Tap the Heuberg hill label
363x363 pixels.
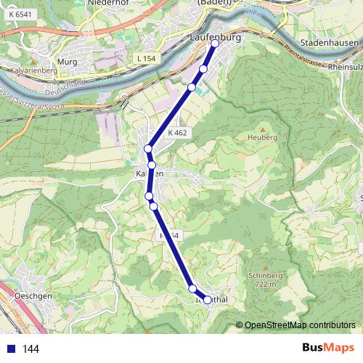pyautogui.click(x=262, y=137)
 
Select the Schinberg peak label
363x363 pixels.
pyautogui.click(x=264, y=277)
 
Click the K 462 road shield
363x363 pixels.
pyautogui.click(x=177, y=134)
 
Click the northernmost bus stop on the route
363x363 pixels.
pyautogui.click(x=215, y=44)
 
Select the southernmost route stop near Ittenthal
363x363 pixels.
pyautogui.click(x=208, y=300)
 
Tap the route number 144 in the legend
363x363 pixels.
pyautogui.click(x=31, y=349)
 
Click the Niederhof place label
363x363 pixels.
pyautogui.click(x=107, y=3)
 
